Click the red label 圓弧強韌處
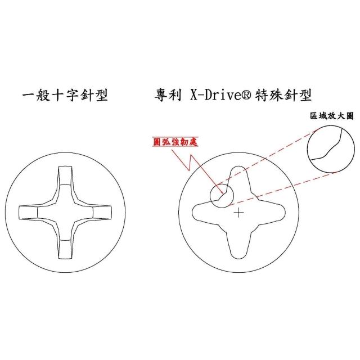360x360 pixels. click(175, 142)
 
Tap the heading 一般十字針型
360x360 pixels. click(65, 95)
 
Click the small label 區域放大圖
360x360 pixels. click(331, 116)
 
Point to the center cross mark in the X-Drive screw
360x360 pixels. click(238, 213)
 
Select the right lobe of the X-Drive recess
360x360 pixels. click(274, 213)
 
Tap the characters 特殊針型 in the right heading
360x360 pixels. click(283, 95)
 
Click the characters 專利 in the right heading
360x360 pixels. click(168, 95)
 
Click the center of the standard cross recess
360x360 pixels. click(65, 213)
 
